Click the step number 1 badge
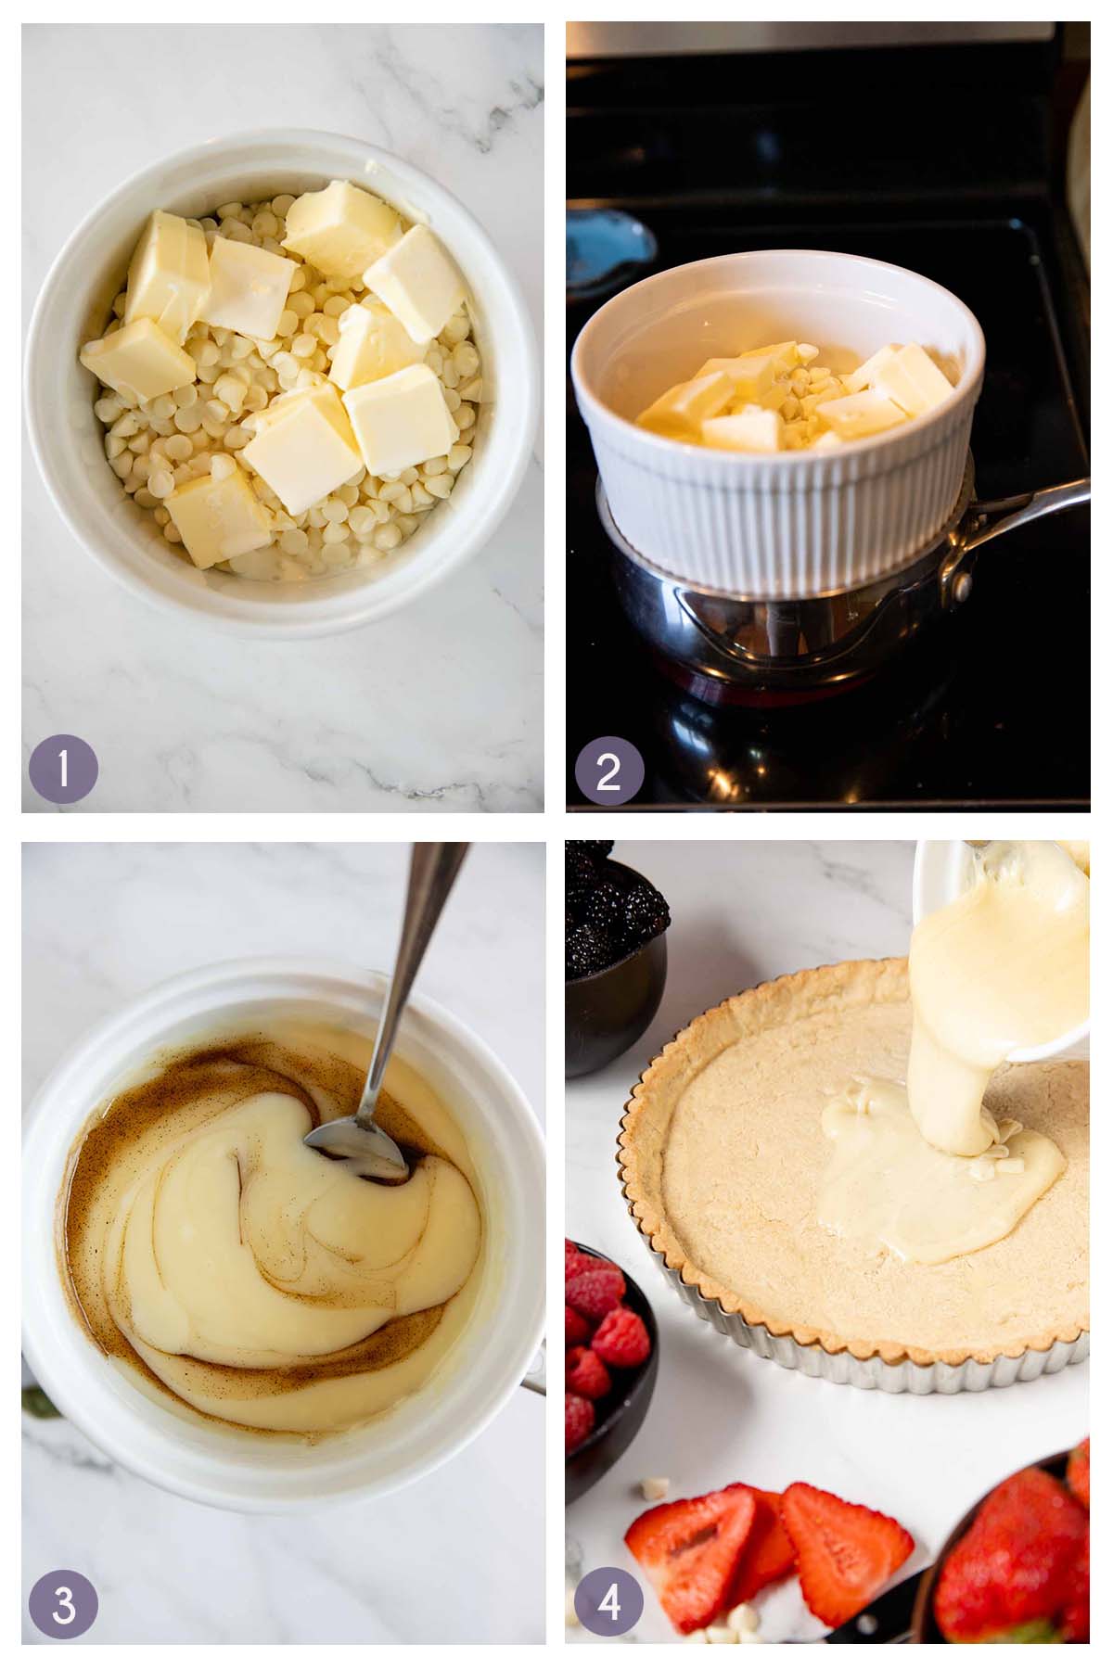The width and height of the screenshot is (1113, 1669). (x=63, y=769)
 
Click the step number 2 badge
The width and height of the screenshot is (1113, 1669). (x=608, y=769)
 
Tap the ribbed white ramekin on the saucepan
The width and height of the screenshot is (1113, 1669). (x=779, y=519)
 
